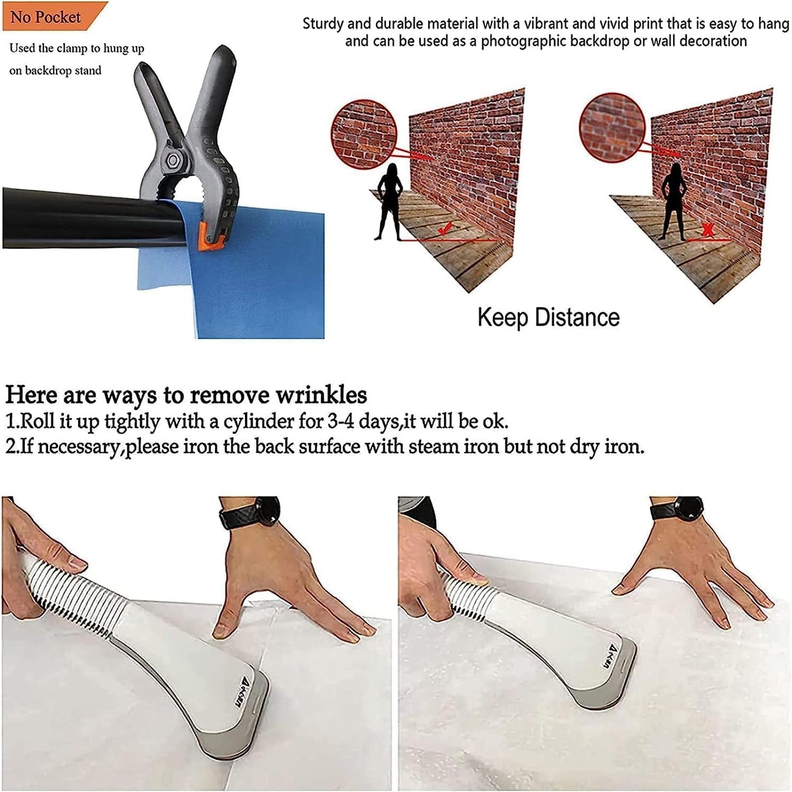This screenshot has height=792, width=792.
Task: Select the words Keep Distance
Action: (548, 318)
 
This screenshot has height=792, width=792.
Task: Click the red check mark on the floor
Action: (445, 227)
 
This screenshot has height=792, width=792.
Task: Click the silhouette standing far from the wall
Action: (388, 202)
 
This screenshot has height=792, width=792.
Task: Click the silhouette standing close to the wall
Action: (674, 201)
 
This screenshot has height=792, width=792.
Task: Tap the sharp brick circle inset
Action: (364, 134)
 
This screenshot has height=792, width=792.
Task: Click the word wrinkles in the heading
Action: (321, 395)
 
